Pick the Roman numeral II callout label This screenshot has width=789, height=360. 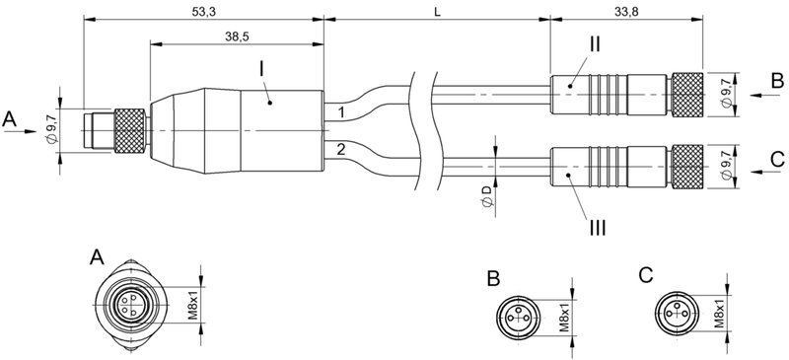point(595,44)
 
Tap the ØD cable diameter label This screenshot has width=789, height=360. point(484,195)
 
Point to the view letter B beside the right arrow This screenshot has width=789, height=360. point(777,79)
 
